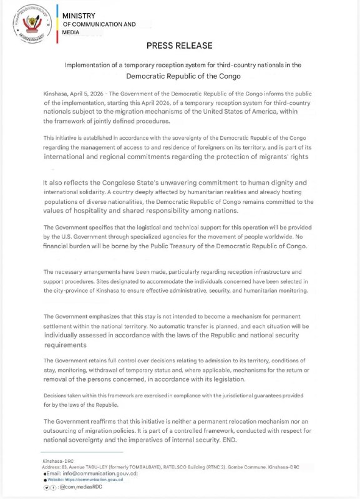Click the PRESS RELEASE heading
tap(180, 46)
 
